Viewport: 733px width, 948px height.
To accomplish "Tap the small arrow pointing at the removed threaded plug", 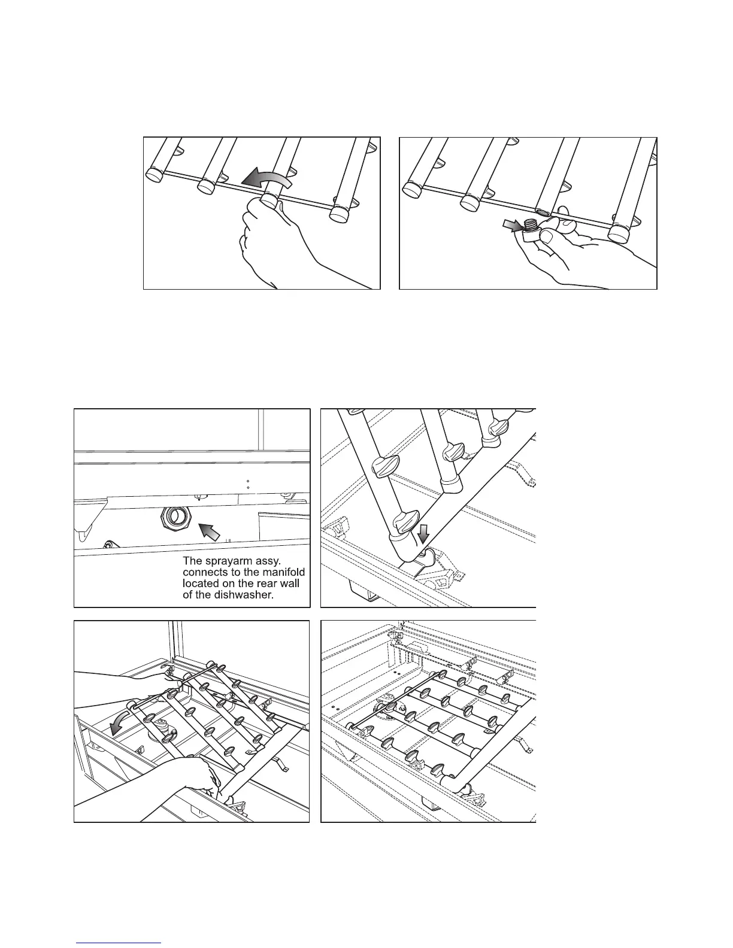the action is (512, 225).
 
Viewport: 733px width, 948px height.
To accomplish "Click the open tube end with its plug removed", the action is (543, 212).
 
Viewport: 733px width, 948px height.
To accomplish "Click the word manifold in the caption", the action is (279, 573).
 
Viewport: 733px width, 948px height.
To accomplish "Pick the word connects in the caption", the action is (204, 573).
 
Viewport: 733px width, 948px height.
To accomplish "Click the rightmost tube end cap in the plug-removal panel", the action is (619, 233).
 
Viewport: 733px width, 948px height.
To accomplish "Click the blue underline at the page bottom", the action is (119, 943).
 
